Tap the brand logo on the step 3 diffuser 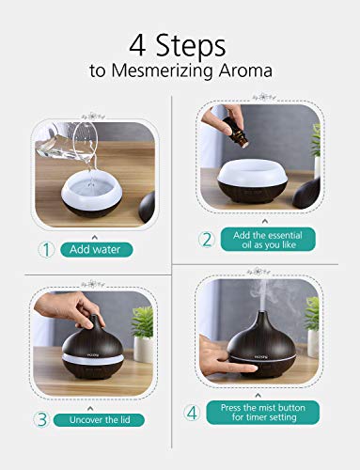tap(85, 354)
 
